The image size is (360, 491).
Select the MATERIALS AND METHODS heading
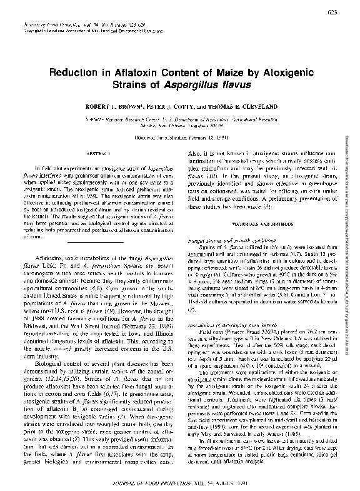259,222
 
